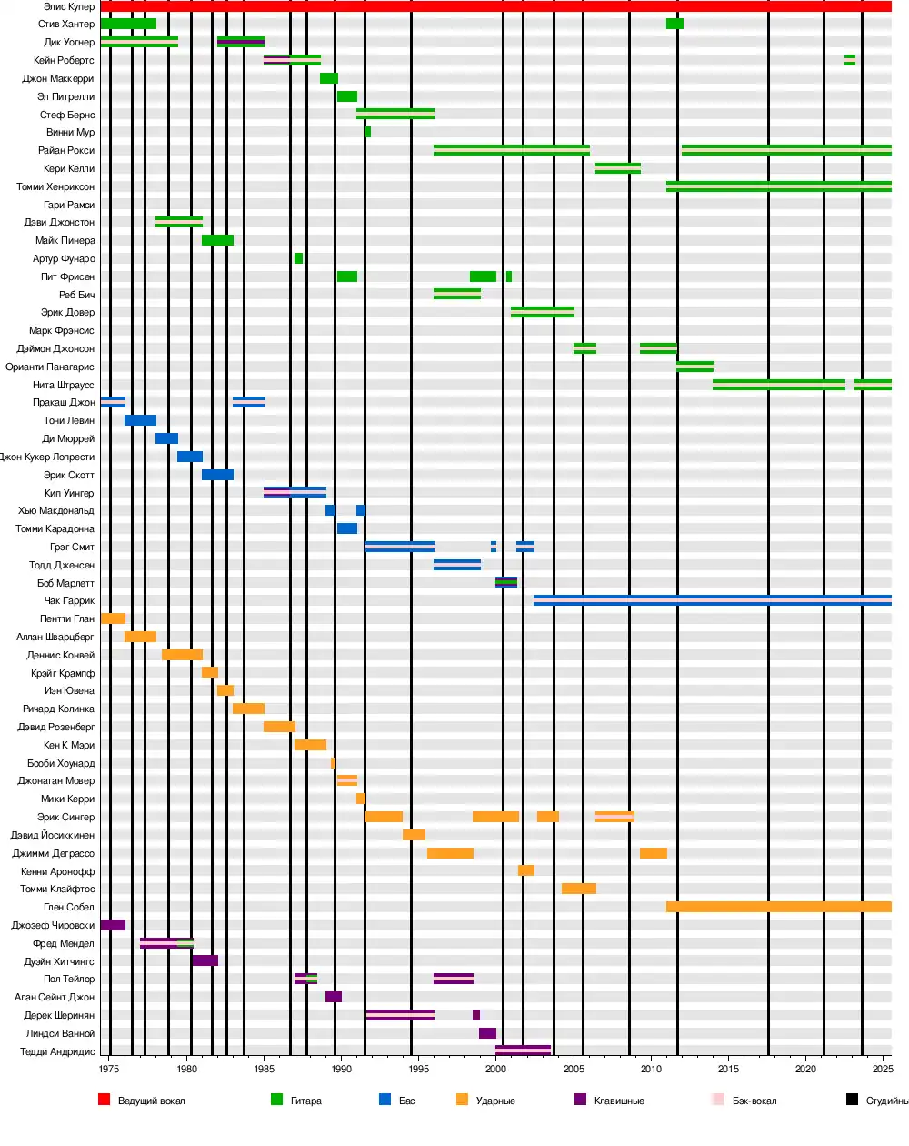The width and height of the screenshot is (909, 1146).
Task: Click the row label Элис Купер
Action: [x=69, y=6]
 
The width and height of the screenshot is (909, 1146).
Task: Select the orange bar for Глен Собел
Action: [x=778, y=907]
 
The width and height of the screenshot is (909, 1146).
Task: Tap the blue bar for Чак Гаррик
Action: [x=712, y=600]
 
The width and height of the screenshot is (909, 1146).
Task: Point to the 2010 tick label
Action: [x=651, y=1069]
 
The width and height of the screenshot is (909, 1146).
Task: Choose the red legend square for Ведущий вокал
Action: [x=104, y=1100]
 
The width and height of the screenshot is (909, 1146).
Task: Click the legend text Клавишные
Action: [x=619, y=1101]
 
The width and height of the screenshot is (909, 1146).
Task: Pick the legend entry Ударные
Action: [x=495, y=1101]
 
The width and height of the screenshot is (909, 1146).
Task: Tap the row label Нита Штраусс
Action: [x=64, y=385]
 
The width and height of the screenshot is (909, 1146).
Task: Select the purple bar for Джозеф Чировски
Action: [x=113, y=925]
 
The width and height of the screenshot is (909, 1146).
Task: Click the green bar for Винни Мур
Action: [x=367, y=132]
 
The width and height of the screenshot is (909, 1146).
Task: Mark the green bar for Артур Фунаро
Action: [x=298, y=258]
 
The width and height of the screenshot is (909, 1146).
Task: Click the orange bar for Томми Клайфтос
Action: [x=578, y=889]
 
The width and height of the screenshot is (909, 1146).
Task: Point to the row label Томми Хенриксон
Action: [x=55, y=186]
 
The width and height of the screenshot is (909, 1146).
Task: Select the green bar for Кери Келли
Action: [x=617, y=168]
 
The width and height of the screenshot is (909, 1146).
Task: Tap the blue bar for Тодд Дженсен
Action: [x=456, y=565]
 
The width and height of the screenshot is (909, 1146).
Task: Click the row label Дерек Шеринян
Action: [x=59, y=1015]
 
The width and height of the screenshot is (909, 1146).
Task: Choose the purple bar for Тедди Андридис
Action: [x=523, y=1051]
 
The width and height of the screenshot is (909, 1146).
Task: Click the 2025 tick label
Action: [x=882, y=1069]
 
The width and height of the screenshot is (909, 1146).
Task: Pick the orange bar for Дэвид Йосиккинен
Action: [x=414, y=835]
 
